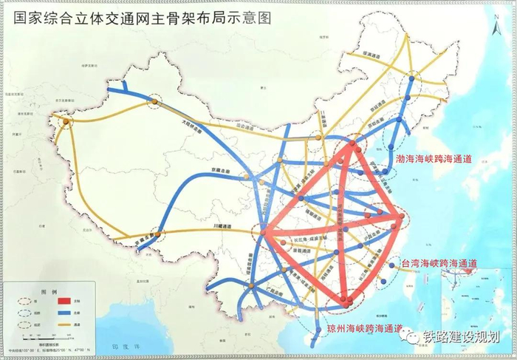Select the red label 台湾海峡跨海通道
click(439, 263)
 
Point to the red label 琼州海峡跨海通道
click(365, 327)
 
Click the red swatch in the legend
click(64, 302)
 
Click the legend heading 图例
click(49, 291)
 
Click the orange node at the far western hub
click(66, 121)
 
